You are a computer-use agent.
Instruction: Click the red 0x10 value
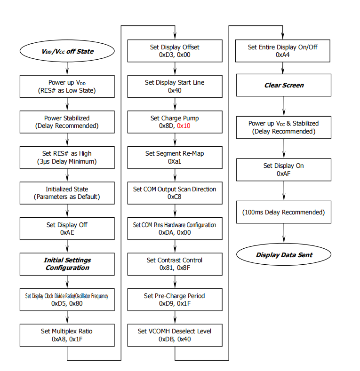tap(184, 126)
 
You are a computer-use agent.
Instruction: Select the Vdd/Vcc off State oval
tap(67, 51)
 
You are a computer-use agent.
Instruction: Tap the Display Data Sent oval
tap(283, 254)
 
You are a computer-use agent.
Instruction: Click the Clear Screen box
tap(283, 85)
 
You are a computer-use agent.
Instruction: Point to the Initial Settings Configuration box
tap(67, 264)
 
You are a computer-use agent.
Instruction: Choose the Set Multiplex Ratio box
tap(67, 335)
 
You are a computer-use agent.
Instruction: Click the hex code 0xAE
tap(67, 232)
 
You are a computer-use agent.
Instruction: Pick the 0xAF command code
tap(283, 174)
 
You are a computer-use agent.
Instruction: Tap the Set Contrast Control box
tap(175, 264)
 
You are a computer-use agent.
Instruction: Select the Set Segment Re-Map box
tap(175, 158)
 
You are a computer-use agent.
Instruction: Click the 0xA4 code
tap(282, 55)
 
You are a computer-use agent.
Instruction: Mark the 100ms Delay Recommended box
tap(283, 212)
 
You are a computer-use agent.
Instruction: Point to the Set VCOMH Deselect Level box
tap(175, 335)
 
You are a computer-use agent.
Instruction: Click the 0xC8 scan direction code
tap(175, 197)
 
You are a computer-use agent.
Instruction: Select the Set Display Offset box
tap(175, 51)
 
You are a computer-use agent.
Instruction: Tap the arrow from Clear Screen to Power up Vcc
tap(284, 106)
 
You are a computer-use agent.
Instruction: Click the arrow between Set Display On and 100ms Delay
tap(284, 191)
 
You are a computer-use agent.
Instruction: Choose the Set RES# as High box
tap(67, 158)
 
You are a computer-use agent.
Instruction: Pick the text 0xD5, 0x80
tap(67, 303)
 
